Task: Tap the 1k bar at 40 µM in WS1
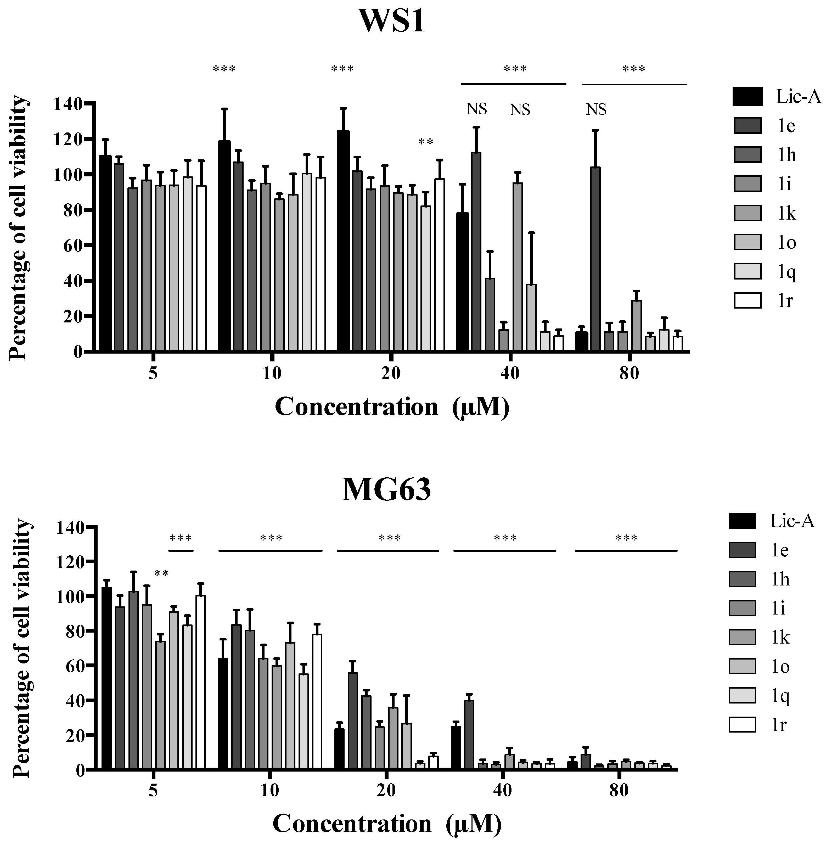tap(518, 267)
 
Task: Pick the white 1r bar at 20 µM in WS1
tap(440, 265)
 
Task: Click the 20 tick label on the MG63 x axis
tap(386, 790)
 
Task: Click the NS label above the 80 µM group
tap(596, 110)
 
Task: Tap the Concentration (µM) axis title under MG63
tap(387, 823)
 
